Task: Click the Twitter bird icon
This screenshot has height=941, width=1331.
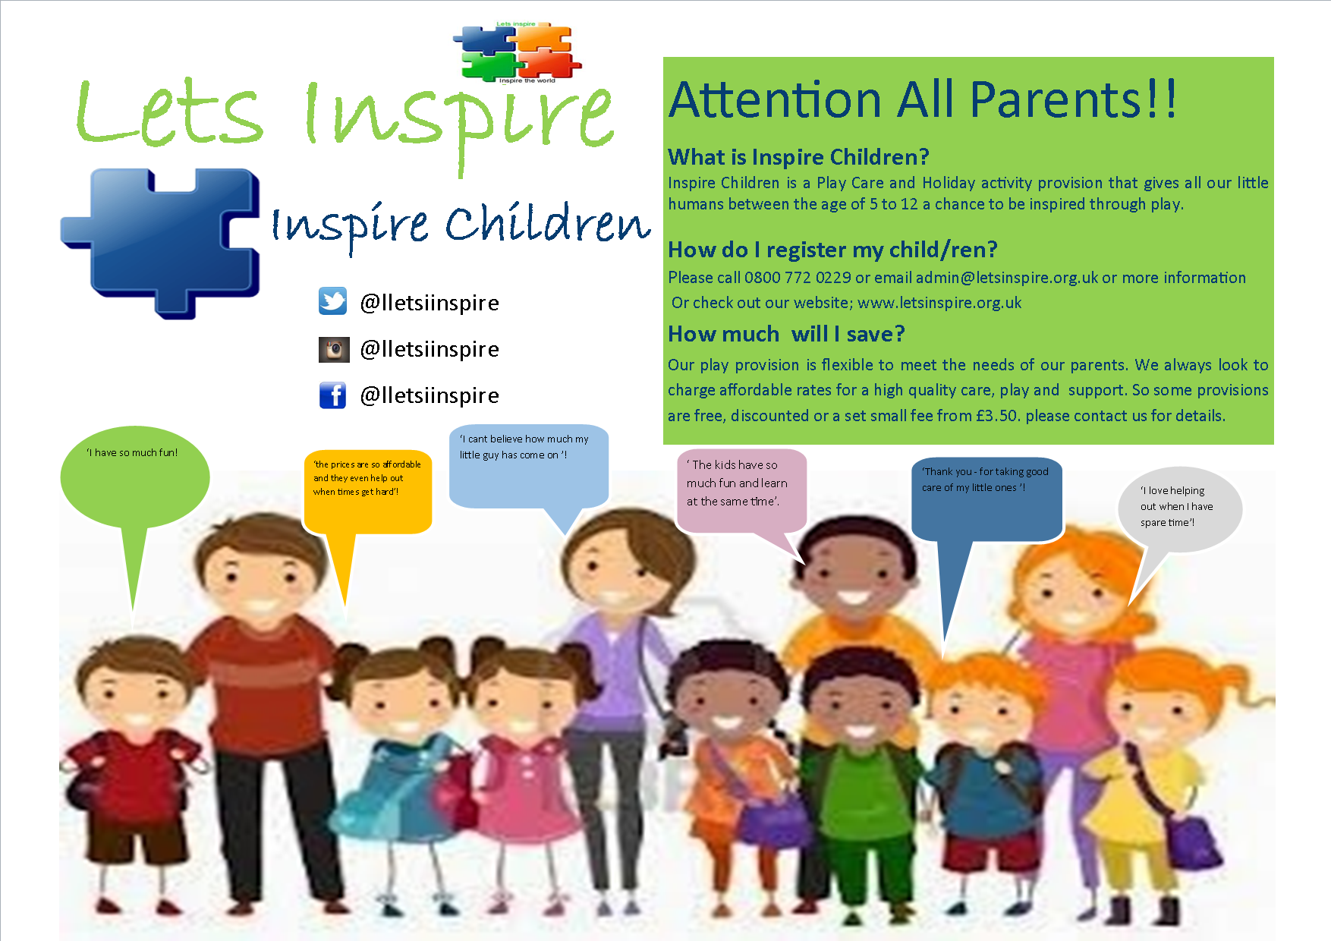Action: tap(332, 301)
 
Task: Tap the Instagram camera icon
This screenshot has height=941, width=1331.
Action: tap(334, 349)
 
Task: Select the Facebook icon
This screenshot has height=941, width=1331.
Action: tap(332, 395)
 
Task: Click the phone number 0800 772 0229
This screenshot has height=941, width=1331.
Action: tap(798, 278)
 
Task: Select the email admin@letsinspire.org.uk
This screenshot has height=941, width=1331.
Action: tap(1007, 278)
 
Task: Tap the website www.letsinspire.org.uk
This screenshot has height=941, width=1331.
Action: tap(939, 303)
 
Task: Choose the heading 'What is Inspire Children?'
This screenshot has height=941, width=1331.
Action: tap(798, 157)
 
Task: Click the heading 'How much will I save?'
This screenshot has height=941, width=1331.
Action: tap(786, 334)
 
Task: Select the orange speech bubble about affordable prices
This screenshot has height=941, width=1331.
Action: tap(367, 493)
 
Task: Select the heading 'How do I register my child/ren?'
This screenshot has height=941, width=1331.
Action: tap(832, 250)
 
